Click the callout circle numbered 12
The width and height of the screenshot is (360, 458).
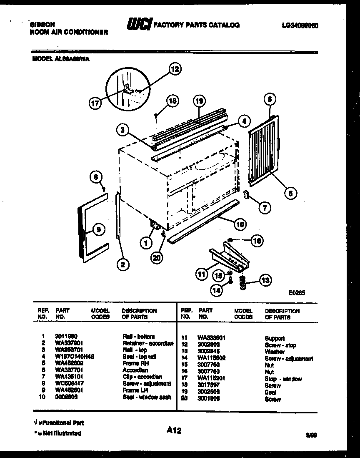[175, 69]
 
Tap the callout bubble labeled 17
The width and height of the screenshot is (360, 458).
[96, 103]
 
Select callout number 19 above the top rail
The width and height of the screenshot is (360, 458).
[200, 101]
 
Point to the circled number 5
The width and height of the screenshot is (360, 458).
[269, 99]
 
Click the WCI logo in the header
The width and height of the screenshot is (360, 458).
[140, 25]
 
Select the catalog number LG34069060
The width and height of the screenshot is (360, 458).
[300, 25]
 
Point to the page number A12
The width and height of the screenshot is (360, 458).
[175, 430]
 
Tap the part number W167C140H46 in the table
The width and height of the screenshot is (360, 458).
[74, 356]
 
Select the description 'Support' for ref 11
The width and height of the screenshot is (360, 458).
[275, 339]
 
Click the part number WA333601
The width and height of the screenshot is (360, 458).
[212, 338]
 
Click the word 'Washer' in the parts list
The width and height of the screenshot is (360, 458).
[275, 352]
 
